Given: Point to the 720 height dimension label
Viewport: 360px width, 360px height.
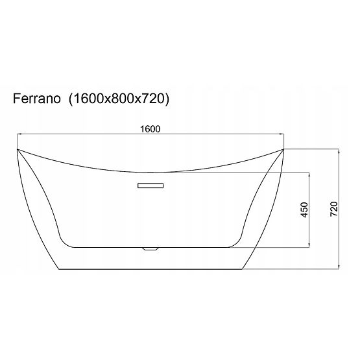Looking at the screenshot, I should tap(334, 209).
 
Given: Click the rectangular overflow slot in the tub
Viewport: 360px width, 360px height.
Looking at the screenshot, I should tap(150, 185).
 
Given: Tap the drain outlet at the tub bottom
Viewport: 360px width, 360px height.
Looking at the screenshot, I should tap(150, 248).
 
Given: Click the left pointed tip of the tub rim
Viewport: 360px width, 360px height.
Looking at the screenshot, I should tap(17, 149).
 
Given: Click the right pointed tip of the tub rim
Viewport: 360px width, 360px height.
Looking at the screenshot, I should tap(283, 149).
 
